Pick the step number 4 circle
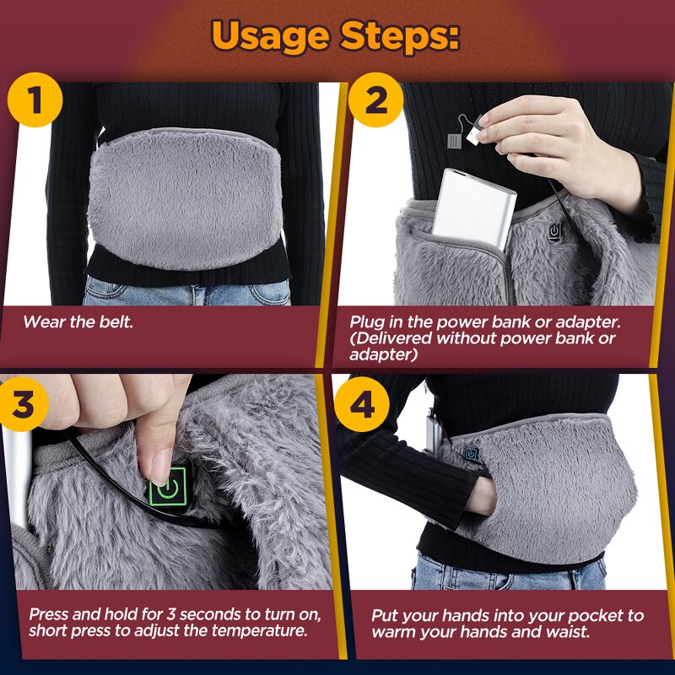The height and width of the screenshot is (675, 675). coord(362,407)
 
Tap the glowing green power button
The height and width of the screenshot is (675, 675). coord(168,487)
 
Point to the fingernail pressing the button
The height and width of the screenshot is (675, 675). coord(158,465)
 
